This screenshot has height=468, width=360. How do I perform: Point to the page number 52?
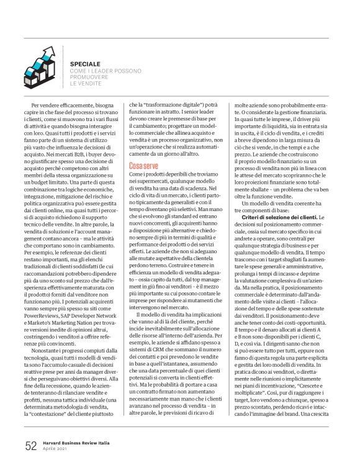[x=31, y=445]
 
